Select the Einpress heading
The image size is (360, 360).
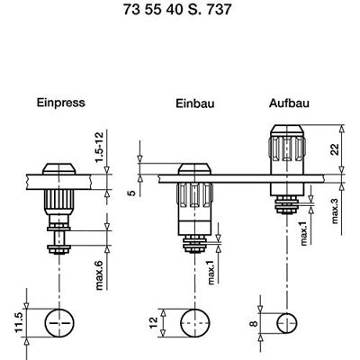(60, 103)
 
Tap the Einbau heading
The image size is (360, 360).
(193, 105)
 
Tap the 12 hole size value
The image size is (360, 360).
(153, 321)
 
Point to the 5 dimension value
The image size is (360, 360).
(130, 191)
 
